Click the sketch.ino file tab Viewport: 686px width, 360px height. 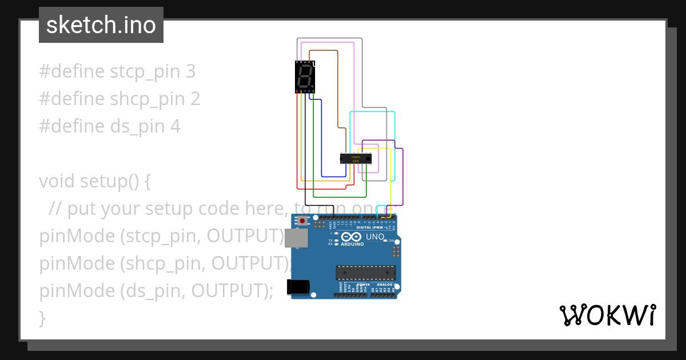pyautogui.click(x=101, y=25)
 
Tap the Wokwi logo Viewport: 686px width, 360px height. pyautogui.click(x=607, y=315)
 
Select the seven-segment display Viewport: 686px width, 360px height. pyautogui.click(x=305, y=77)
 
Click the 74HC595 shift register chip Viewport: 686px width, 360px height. pyautogui.click(x=356, y=158)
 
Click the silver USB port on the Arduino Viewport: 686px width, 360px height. pyautogui.click(x=296, y=239)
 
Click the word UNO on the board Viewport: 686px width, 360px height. pyautogui.click(x=375, y=237)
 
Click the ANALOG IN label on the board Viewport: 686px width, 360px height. pyautogui.click(x=383, y=285)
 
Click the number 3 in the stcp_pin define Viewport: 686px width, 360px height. pyautogui.click(x=190, y=71)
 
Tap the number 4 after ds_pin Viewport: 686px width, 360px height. pyautogui.click(x=175, y=126)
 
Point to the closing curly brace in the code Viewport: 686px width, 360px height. pyautogui.click(x=42, y=318)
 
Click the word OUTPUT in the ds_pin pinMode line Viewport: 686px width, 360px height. pyautogui.click(x=228, y=291)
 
